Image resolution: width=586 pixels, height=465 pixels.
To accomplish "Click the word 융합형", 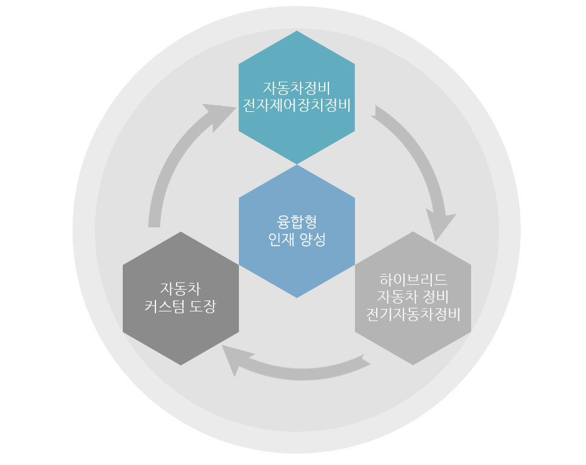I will tap(296, 221).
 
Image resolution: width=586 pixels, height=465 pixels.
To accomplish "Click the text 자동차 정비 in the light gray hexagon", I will tap(413, 297).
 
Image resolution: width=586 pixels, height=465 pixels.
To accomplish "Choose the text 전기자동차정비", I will tap(413, 314).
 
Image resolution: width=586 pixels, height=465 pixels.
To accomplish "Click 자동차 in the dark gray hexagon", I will tap(181, 287).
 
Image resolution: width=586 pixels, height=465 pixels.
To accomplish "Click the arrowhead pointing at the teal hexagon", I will tap(218, 115).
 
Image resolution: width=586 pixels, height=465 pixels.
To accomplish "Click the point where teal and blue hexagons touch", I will tap(296, 164).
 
